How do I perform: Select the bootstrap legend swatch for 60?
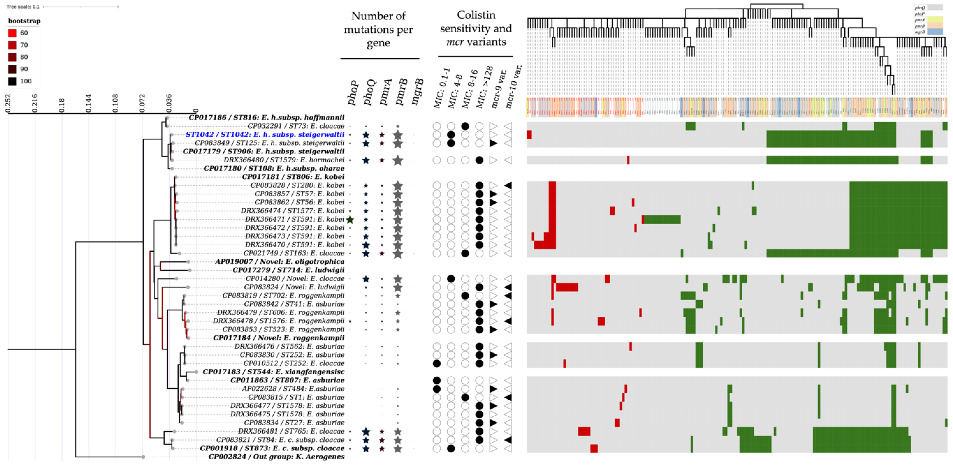click(12, 33)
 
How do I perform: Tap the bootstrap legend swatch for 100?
click(12, 81)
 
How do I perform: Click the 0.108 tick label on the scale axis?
click(116, 103)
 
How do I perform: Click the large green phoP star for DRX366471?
click(350, 219)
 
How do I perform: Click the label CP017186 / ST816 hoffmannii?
click(266, 117)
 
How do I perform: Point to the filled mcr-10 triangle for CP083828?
click(508, 185)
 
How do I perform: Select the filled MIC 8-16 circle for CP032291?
click(465, 126)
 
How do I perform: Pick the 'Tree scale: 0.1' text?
click(23, 7)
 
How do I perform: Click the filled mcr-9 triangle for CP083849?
click(493, 143)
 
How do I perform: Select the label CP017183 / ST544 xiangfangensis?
click(273, 372)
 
